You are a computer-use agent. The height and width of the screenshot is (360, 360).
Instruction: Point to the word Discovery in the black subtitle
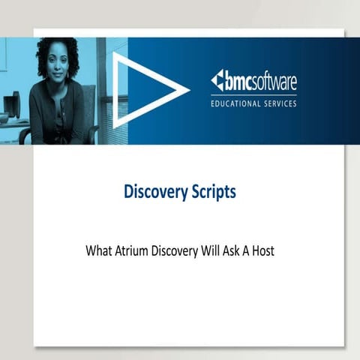click(178, 250)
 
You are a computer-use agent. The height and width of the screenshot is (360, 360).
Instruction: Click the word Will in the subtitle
click(217, 250)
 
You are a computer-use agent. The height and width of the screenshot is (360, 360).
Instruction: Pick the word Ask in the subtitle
click(240, 250)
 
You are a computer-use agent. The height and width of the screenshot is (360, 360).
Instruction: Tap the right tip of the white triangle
click(187, 91)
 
